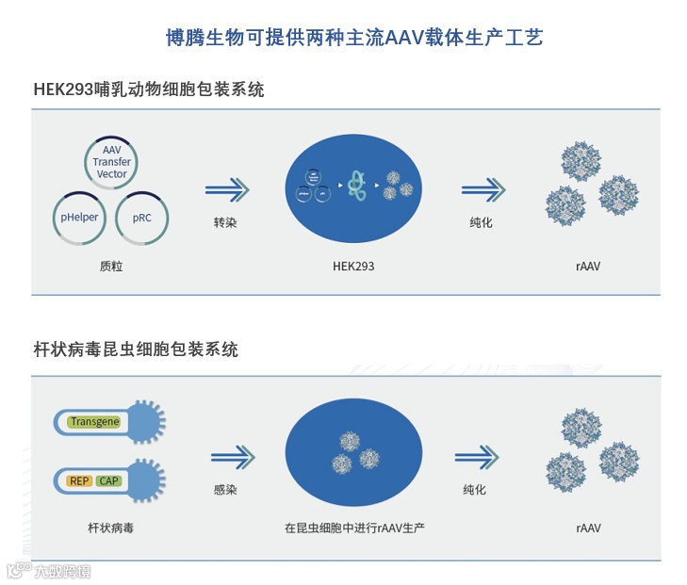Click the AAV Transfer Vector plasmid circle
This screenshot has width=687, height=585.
click(111, 162)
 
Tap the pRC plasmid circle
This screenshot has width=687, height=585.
click(141, 218)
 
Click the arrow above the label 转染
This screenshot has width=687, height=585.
click(227, 190)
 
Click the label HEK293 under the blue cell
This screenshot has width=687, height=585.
click(353, 267)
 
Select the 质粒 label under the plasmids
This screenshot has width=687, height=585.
click(111, 267)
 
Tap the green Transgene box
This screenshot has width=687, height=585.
click(94, 422)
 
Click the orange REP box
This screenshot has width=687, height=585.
click(79, 481)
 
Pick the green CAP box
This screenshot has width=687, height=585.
click(108, 481)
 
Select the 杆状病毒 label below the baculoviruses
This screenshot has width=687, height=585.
click(110, 528)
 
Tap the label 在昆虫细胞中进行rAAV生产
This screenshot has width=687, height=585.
click(353, 528)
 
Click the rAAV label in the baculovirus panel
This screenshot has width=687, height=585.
click(588, 528)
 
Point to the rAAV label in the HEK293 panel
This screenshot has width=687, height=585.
click(588, 267)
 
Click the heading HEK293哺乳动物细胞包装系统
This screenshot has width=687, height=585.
click(148, 90)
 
